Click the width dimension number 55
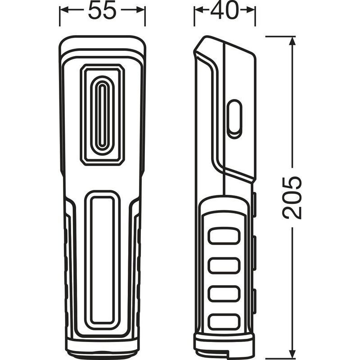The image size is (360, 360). (102, 10)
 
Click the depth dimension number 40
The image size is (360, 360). (224, 10)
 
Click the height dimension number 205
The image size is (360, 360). (292, 198)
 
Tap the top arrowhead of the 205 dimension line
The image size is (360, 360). (292, 41)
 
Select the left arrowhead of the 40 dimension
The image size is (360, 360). (199, 10)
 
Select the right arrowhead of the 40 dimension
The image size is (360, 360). (250, 10)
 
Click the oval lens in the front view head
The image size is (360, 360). (103, 115)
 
